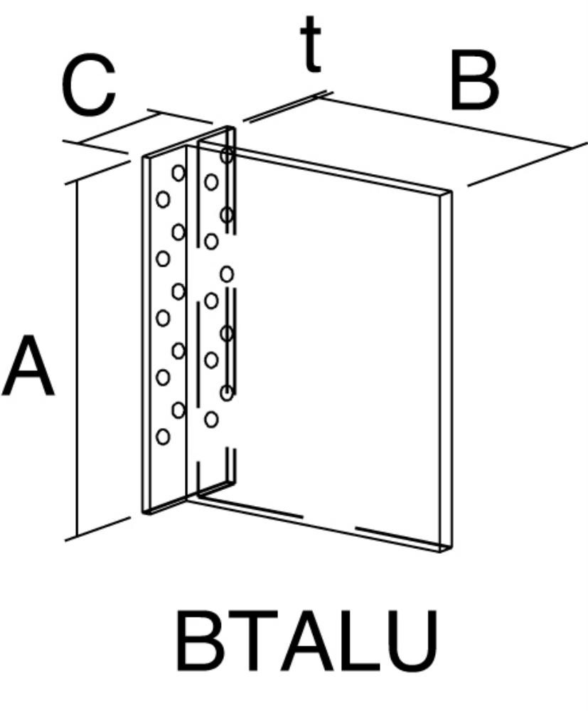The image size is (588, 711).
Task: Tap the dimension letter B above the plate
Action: [474, 82]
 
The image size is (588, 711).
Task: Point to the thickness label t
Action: [311, 45]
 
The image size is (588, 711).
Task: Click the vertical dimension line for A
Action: [77, 358]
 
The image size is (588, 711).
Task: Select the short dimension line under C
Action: [119, 129]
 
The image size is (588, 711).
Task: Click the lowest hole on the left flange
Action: [163, 437]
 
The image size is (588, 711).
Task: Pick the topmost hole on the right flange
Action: [227, 155]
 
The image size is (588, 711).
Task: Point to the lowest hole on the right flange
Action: [210, 419]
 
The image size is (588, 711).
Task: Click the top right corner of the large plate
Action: [451, 191]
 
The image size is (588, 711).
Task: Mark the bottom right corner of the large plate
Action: [452, 547]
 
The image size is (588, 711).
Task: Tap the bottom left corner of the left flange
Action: [143, 513]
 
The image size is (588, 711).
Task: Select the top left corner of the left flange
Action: [143, 157]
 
